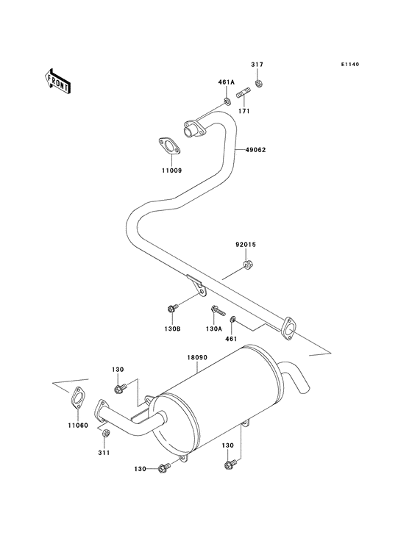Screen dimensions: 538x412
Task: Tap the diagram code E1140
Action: pyautogui.click(x=349, y=65)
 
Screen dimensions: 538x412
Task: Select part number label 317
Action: pyautogui.click(x=257, y=65)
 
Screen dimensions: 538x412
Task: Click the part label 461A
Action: pyautogui.click(x=225, y=82)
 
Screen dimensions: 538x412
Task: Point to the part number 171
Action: pyautogui.click(x=244, y=111)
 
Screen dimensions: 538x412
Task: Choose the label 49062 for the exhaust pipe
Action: pyautogui.click(x=255, y=150)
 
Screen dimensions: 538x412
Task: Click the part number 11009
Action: pyautogui.click(x=172, y=171)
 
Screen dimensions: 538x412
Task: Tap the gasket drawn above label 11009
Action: pyautogui.click(x=169, y=146)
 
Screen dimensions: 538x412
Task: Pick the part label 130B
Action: pyautogui.click(x=173, y=329)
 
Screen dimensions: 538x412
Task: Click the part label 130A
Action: pyautogui.click(x=214, y=329)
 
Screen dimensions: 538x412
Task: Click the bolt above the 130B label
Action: pyautogui.click(x=173, y=308)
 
